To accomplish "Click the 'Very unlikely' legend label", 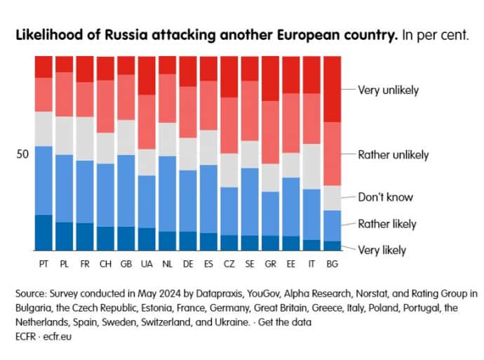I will pos(388,90).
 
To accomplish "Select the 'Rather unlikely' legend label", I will pos(393,155).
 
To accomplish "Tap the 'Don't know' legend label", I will pos(385,197).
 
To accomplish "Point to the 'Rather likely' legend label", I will pos(387,224).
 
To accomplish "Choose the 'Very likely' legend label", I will pos(382,250).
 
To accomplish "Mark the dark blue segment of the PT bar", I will pos(43,232).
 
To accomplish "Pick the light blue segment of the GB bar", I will pos(126,190).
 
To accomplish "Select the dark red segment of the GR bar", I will pos(270,78).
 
